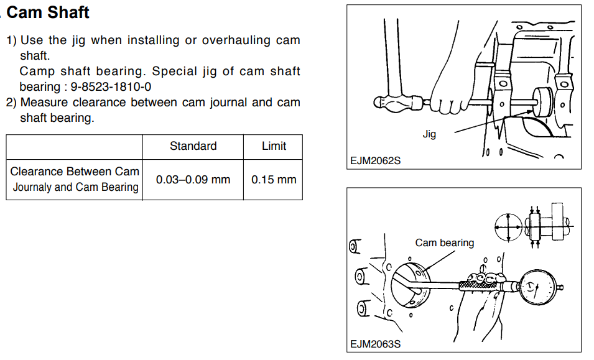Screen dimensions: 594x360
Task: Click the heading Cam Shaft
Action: click(48, 12)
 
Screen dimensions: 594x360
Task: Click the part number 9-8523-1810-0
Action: click(111, 86)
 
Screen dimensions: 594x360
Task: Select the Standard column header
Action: click(193, 145)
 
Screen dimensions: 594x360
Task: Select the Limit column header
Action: click(274, 145)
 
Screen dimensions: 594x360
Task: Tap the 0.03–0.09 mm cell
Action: click(193, 180)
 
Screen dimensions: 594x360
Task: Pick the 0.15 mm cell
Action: click(274, 180)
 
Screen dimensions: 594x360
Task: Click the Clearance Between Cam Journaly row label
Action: click(75, 179)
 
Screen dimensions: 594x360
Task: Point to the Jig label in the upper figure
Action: click(429, 134)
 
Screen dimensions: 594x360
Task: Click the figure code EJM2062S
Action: click(375, 160)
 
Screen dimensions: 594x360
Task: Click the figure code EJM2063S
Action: click(375, 344)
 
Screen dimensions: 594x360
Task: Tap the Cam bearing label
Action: click(444, 242)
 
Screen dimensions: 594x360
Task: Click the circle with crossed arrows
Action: click(508, 227)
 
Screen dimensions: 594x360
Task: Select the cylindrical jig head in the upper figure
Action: click(542, 102)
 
